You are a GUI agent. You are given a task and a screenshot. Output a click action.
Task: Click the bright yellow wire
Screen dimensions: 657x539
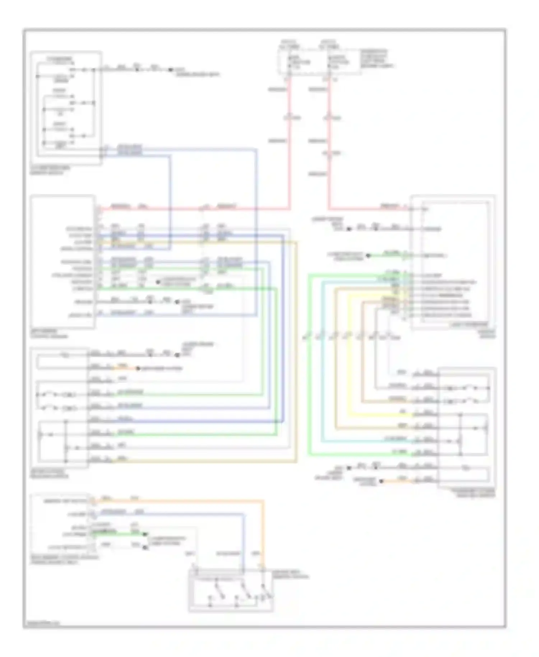(348, 359)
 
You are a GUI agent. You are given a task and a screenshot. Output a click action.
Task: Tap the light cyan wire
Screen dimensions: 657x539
(322, 359)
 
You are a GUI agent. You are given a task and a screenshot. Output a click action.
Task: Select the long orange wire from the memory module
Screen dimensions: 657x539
(201, 500)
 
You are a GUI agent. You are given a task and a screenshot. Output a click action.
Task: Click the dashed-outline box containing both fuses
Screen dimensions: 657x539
(319, 62)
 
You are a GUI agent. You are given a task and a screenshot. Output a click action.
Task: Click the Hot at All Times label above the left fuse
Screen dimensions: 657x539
(290, 44)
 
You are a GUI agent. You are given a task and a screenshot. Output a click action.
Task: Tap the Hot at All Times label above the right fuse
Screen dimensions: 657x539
(329, 44)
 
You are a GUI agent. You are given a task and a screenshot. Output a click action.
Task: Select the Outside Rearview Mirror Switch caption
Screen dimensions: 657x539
(50, 170)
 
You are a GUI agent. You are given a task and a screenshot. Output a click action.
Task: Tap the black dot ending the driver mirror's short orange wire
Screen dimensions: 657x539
(138, 368)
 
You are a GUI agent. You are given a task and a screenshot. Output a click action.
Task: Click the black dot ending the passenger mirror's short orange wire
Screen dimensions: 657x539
(381, 481)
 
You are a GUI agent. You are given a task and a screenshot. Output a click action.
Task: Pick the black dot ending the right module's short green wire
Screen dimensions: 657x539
(368, 256)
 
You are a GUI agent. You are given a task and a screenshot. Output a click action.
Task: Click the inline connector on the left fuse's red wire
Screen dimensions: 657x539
(290, 118)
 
